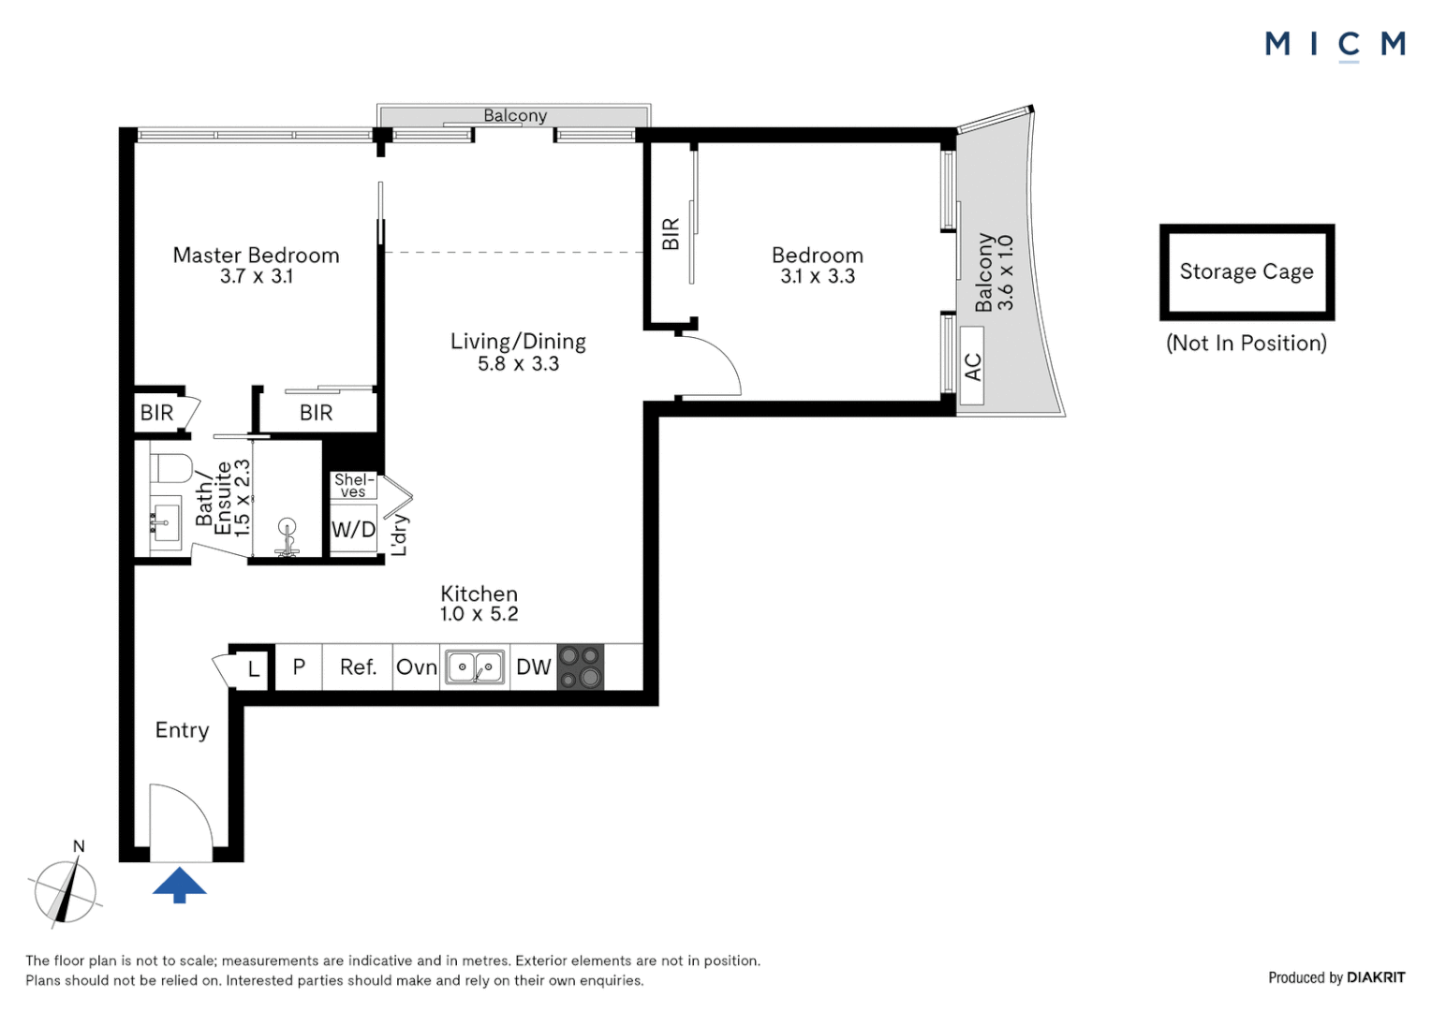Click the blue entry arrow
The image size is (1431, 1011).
(180, 885)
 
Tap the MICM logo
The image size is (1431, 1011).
(1335, 46)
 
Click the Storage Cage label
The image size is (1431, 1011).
(1247, 271)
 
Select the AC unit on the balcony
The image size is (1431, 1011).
(972, 365)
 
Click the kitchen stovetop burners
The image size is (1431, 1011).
(580, 667)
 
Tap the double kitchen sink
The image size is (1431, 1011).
(475, 667)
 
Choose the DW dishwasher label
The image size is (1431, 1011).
(534, 667)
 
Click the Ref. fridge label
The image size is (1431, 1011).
(358, 667)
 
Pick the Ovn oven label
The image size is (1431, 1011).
(417, 667)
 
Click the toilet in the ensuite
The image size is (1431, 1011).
(171, 468)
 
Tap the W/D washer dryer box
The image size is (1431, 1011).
(353, 530)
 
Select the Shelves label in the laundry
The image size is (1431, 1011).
(354, 486)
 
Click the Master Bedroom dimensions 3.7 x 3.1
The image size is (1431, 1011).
(257, 276)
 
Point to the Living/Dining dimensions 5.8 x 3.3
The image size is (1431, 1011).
(518, 364)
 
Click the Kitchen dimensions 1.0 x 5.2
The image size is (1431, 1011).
(479, 614)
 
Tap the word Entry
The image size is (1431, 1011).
(182, 730)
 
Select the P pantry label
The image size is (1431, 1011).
(299, 667)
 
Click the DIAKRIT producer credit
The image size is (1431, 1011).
(1376, 977)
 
